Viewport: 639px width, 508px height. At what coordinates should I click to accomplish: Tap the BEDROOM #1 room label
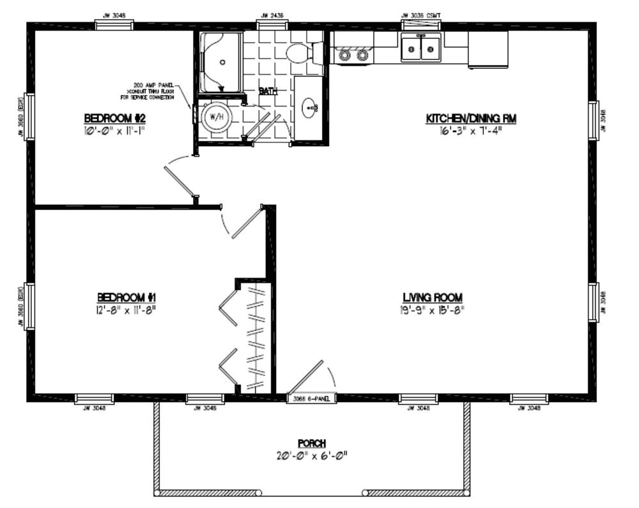tap(127, 297)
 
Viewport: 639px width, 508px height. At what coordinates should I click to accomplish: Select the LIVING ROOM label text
tap(433, 297)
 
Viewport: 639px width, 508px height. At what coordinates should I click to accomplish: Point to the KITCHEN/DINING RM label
tap(471, 118)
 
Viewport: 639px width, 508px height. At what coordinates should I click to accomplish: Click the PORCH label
tap(312, 443)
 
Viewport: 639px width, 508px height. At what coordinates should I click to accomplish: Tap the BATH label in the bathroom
tap(268, 91)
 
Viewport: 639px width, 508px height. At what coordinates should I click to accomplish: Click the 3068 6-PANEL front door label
tap(311, 399)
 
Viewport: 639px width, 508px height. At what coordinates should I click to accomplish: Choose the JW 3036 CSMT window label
tap(420, 15)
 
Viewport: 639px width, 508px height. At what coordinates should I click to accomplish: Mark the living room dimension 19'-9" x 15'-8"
tap(433, 310)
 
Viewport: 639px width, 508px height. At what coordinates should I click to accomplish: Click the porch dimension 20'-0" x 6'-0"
tap(312, 456)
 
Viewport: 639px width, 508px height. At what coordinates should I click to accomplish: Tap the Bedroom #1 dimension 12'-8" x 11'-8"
tap(127, 310)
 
